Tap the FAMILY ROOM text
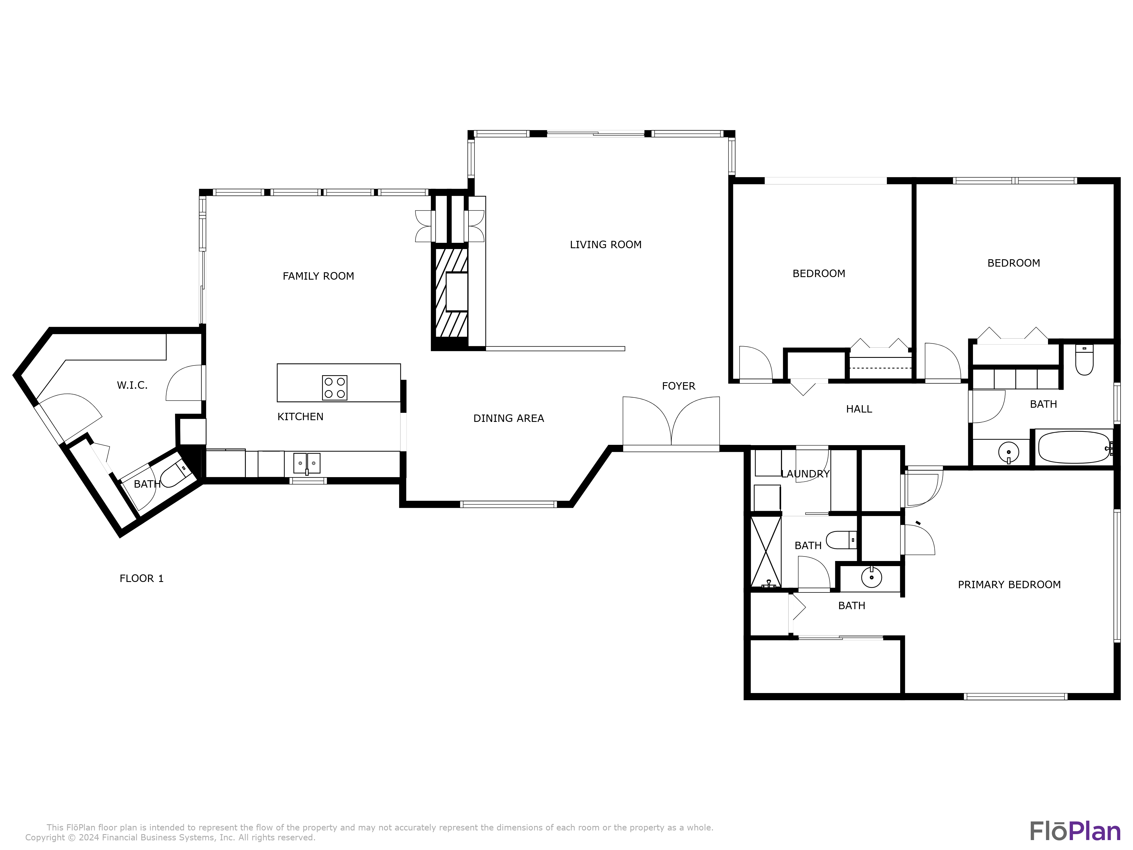[318, 276]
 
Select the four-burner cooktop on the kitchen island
[335, 388]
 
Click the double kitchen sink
[306, 463]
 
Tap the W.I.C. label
[132, 385]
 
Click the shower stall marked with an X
[766, 552]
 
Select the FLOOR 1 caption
[141, 579]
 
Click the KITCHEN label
[300, 417]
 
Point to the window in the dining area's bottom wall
[508, 505]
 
